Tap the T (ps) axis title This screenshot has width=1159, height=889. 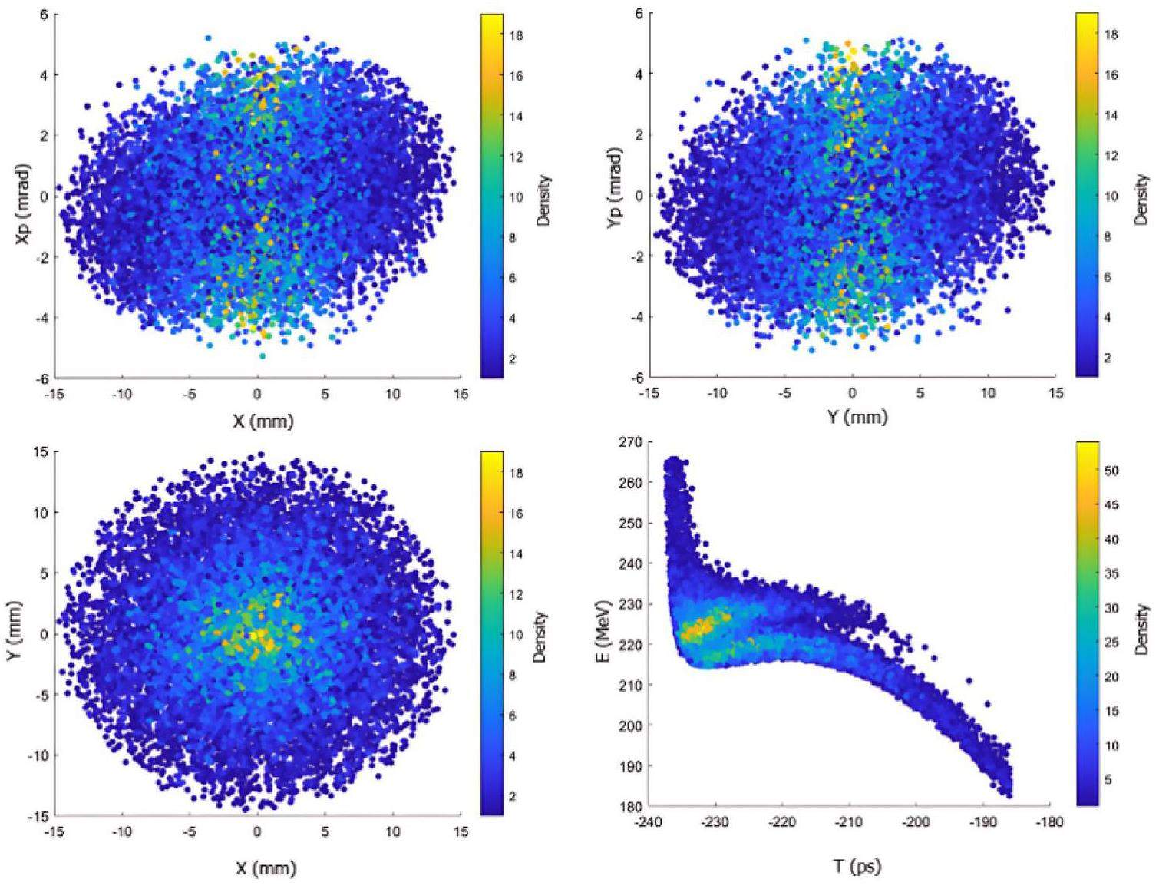click(857, 867)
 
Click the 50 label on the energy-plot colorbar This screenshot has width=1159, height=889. click(1111, 471)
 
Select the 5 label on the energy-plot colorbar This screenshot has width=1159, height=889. click(1108, 780)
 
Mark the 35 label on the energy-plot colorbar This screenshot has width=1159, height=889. click(1111, 574)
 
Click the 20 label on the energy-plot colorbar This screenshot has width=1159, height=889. click(1111, 677)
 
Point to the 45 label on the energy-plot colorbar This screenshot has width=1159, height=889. click(1111, 505)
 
